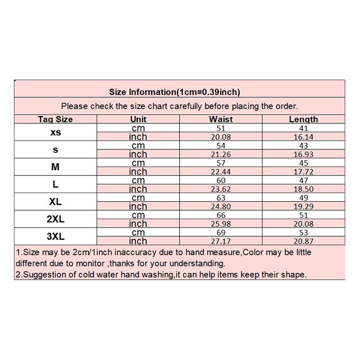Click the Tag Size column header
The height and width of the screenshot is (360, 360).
(x=55, y=119)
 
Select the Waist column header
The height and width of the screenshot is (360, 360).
(x=221, y=119)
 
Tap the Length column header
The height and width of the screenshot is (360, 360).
(x=303, y=119)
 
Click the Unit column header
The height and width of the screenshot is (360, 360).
(x=138, y=119)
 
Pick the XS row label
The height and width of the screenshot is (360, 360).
(x=55, y=133)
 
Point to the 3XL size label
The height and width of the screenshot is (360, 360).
(x=55, y=237)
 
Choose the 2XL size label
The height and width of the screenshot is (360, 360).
(x=55, y=219)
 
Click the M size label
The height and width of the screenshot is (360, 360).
(x=55, y=167)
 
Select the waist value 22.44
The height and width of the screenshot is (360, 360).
(x=221, y=172)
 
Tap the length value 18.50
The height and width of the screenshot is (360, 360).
(x=303, y=189)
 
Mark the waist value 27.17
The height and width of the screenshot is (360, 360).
(x=221, y=241)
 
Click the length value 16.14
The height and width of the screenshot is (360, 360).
(x=303, y=137)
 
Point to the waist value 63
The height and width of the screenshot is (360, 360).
(x=221, y=198)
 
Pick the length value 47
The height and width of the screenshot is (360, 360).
(x=303, y=180)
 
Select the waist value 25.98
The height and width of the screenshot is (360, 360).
(x=221, y=224)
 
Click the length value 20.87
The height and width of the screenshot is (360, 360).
(x=303, y=241)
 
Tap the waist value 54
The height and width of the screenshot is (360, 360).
(x=221, y=146)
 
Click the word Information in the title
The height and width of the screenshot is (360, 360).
(x=152, y=92)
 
